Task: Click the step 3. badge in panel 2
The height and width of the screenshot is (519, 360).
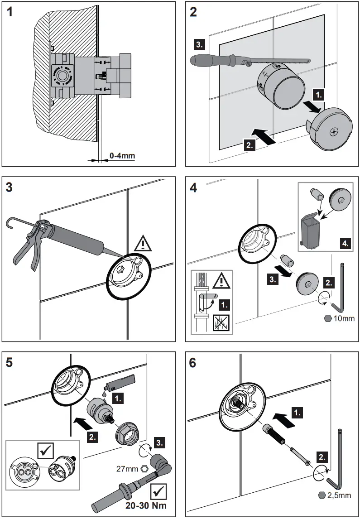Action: pyautogui.click(x=199, y=44)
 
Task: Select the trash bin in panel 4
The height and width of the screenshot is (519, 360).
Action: pyautogui.click(x=311, y=231)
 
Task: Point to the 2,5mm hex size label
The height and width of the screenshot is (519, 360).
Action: pyautogui.click(x=339, y=495)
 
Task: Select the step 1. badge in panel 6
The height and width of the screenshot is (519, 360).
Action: pyautogui.click(x=297, y=413)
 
